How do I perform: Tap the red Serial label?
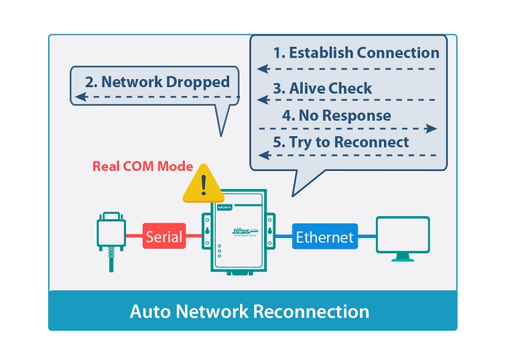tap(164, 236)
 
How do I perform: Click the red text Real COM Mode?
tap(143, 166)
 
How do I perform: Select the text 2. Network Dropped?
tap(157, 82)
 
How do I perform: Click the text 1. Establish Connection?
tap(356, 53)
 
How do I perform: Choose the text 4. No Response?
tap(336, 115)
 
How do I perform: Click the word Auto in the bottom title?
tap(148, 312)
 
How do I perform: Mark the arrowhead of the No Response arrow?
tap(432, 128)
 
